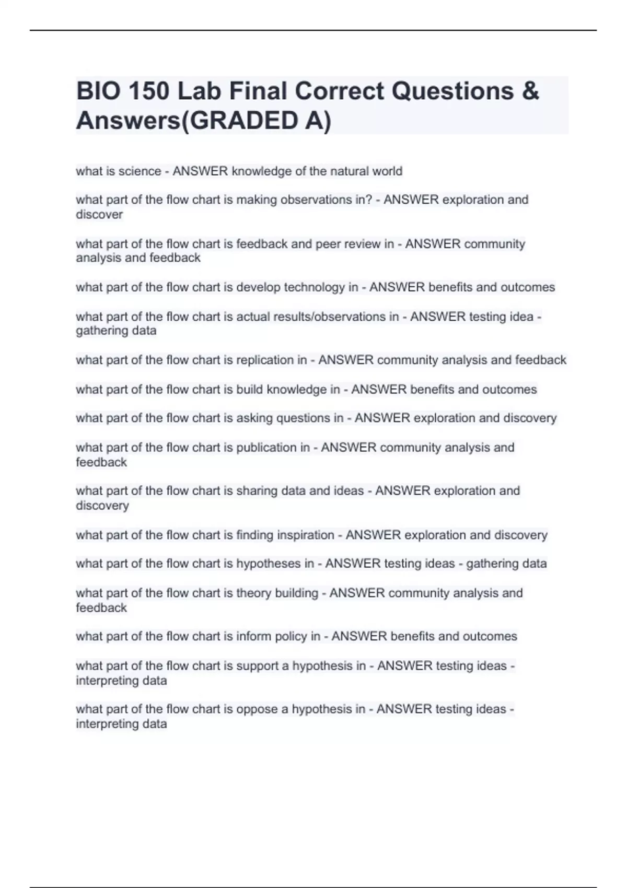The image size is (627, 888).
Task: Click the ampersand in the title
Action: pos(530,91)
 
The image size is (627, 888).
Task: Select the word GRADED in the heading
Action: pos(239,121)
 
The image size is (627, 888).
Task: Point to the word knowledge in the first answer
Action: pos(261,171)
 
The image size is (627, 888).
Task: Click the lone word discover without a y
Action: pos(99,215)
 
